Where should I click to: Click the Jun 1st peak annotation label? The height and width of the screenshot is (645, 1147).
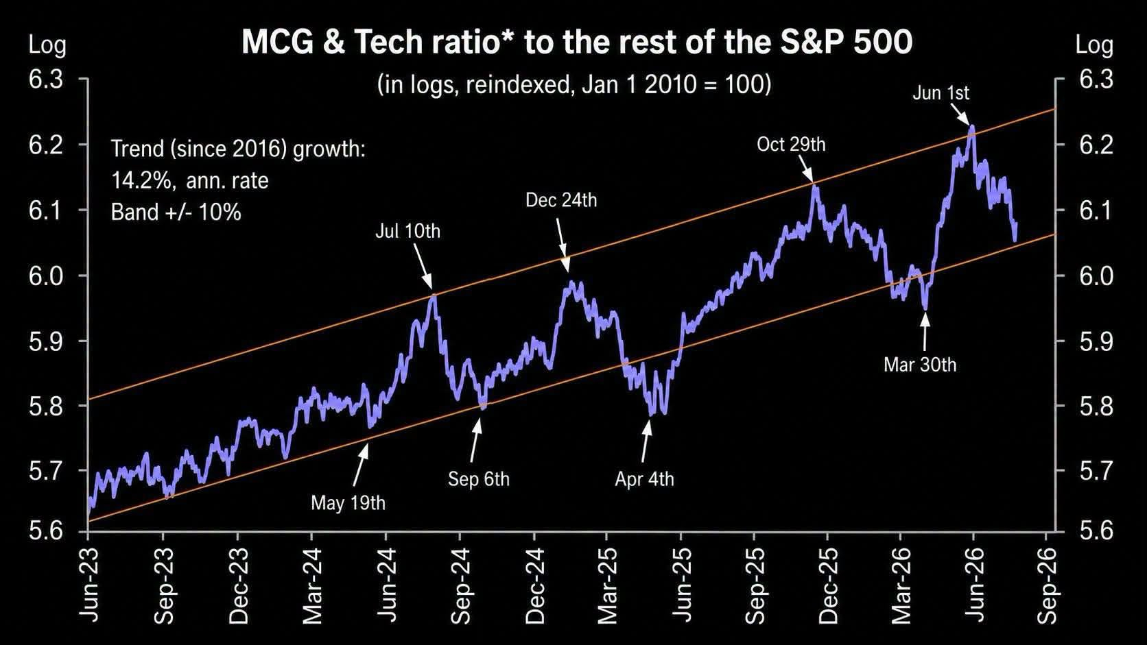tap(941, 93)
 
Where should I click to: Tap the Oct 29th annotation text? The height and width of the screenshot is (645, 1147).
tap(791, 144)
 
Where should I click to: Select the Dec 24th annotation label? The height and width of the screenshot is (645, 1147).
tap(561, 200)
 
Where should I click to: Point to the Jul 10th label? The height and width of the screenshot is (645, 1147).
tap(407, 231)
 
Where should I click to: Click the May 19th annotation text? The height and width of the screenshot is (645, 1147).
tap(348, 503)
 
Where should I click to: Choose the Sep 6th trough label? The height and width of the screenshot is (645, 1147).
tap(479, 479)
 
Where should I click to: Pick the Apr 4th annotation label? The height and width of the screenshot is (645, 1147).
tap(644, 479)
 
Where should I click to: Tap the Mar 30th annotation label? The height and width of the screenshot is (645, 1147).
tap(920, 365)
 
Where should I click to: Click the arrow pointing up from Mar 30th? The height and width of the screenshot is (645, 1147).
tap(925, 331)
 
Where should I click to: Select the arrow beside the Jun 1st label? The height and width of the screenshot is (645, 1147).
tap(960, 114)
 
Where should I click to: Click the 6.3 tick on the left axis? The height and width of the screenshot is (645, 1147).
tap(45, 80)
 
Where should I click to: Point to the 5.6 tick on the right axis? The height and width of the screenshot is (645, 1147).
tap(1096, 531)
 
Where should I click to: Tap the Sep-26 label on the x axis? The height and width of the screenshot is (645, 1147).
tap(1047, 586)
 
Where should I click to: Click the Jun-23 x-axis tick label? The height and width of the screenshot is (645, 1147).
tap(90, 586)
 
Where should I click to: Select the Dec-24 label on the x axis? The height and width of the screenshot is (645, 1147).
tap(535, 586)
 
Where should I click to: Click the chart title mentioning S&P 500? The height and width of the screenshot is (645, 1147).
tap(577, 42)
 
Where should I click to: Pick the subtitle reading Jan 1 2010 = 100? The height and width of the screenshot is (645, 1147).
tap(574, 84)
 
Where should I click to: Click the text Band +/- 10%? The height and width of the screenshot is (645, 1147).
tap(176, 212)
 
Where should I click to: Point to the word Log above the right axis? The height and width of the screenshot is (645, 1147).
tap(1094, 46)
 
